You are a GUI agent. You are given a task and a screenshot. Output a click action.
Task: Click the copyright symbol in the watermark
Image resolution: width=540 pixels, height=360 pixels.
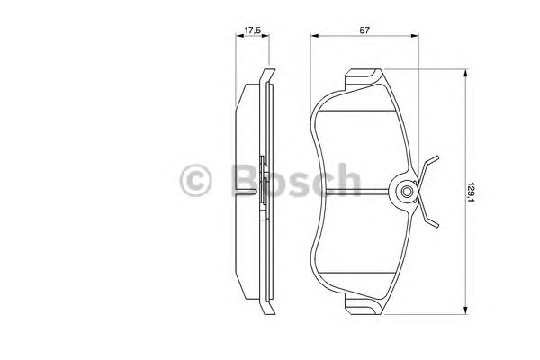tap(197, 181)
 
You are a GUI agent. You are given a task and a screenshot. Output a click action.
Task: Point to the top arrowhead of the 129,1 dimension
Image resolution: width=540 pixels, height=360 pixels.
tap(464, 76)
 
